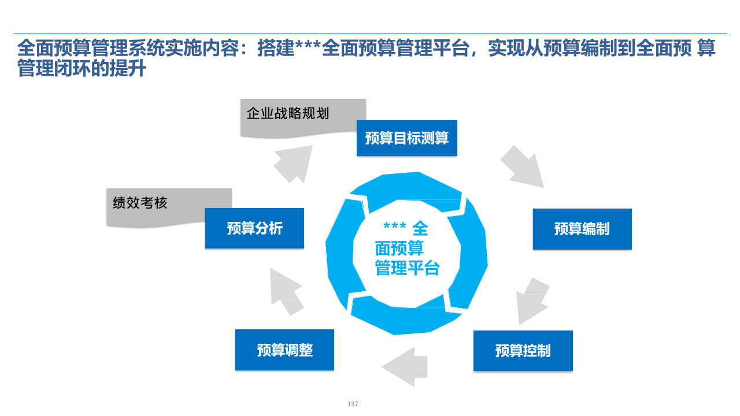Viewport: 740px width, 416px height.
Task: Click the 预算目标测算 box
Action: [x=406, y=138]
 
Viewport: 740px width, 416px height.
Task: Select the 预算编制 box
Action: [x=582, y=229]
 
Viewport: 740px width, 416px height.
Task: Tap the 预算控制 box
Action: [x=523, y=350]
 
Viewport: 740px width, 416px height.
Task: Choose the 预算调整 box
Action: [x=284, y=350]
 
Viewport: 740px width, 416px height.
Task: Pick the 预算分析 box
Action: [x=254, y=228]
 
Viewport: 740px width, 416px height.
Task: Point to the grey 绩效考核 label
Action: [x=140, y=203]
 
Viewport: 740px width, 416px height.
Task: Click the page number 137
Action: [x=353, y=404]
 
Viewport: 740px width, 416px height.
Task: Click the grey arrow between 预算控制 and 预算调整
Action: [x=404, y=366]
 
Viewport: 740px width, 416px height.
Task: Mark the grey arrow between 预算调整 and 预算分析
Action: [x=286, y=292]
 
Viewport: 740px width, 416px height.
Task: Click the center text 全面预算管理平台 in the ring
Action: [x=406, y=258]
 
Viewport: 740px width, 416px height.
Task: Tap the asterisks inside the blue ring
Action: [x=395, y=228]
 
